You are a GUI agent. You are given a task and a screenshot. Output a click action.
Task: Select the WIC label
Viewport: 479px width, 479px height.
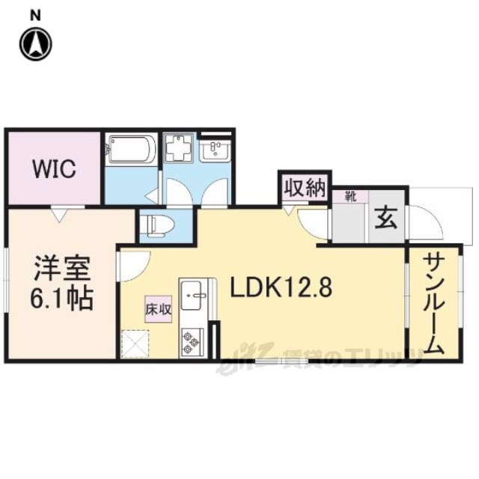coord(54,169)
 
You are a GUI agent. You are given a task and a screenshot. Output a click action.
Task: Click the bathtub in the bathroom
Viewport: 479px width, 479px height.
coord(130,150)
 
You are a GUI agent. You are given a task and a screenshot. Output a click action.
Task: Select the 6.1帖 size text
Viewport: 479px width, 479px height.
coord(61,298)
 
